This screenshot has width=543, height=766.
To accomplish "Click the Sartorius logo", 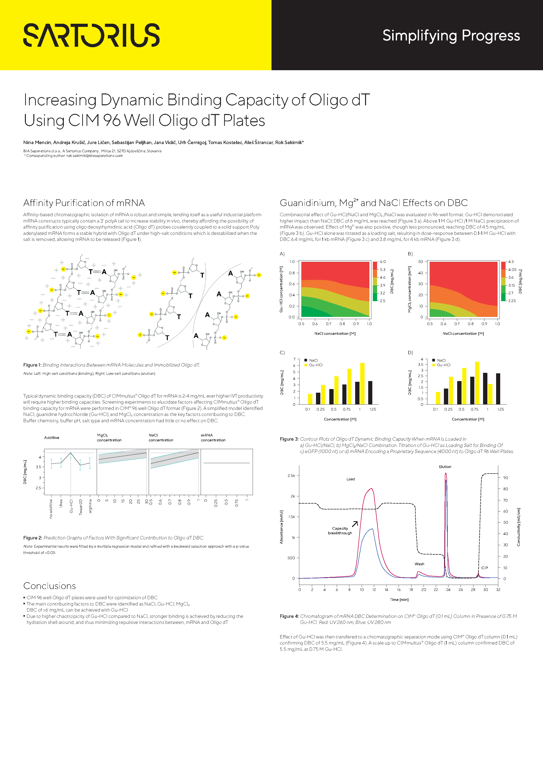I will [x=91, y=35].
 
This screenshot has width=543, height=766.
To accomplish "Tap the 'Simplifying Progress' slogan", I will [x=451, y=36].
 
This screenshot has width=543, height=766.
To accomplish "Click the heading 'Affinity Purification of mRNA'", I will [x=84, y=203].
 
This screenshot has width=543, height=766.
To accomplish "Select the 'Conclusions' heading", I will [x=50, y=586].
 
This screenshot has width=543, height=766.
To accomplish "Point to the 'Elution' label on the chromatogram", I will [x=445, y=467].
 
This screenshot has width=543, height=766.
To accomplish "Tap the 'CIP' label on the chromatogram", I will [x=484, y=568].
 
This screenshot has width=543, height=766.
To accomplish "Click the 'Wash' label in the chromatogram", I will [x=419, y=564].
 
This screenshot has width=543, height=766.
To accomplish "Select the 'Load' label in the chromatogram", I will [x=350, y=479].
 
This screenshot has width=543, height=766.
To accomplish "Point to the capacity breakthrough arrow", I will [x=355, y=524].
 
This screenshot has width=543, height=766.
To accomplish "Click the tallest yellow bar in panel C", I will [x=362, y=383].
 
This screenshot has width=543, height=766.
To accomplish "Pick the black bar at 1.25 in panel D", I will [x=498, y=389].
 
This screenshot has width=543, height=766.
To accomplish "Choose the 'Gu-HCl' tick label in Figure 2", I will [x=71, y=506].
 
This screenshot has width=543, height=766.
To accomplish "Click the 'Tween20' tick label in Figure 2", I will [x=81, y=507].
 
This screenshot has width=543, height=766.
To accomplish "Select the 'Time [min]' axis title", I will [x=399, y=600].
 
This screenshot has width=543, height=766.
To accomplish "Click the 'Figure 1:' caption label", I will [x=32, y=365].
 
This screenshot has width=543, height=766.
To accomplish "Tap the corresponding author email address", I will [x=94, y=156].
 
